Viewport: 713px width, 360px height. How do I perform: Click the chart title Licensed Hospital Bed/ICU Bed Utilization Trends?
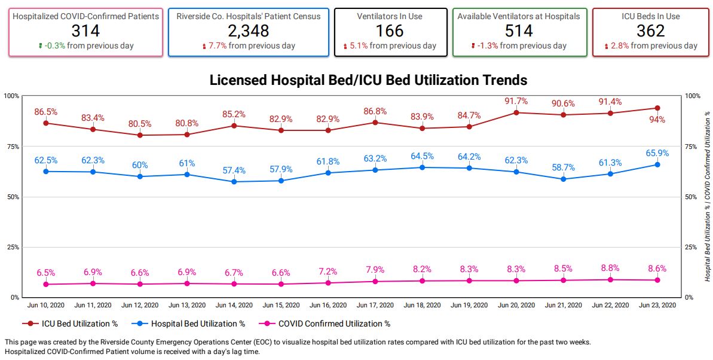(x=368, y=80)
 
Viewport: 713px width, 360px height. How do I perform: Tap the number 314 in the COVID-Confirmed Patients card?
(x=85, y=30)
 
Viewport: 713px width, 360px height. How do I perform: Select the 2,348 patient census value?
(x=248, y=30)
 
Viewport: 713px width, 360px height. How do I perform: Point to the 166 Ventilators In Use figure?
(x=390, y=30)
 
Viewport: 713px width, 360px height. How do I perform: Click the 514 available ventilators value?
(x=518, y=30)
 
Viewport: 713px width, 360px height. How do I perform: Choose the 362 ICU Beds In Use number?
(x=650, y=30)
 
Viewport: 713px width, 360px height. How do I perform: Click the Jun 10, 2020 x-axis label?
(x=46, y=305)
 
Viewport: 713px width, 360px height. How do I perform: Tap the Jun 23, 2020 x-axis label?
(x=657, y=305)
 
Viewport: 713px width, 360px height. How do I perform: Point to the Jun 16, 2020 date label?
(x=328, y=305)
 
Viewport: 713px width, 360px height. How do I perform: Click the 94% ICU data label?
(x=657, y=120)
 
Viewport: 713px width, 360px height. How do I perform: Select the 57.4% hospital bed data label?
(x=234, y=170)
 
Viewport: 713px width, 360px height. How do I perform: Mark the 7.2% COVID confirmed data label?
(x=328, y=271)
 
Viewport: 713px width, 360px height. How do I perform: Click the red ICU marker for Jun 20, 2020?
(x=516, y=112)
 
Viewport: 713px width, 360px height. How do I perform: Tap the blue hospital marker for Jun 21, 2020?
(x=564, y=179)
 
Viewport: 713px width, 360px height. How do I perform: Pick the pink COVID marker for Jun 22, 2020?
(x=610, y=279)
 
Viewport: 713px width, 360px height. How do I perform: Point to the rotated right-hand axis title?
(x=708, y=196)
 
